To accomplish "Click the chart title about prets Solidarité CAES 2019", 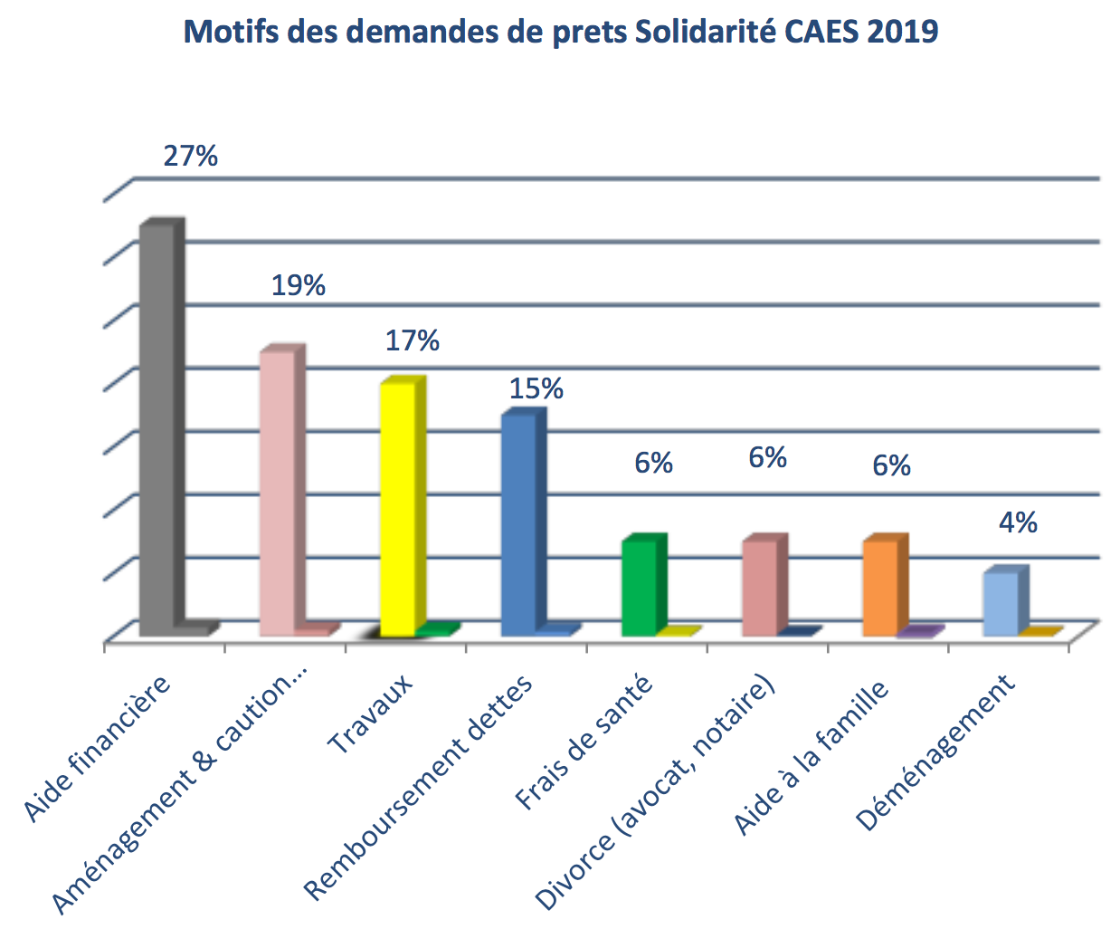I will [x=560, y=32].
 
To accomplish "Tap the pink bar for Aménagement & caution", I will [x=277, y=493].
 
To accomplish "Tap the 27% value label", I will [x=190, y=156].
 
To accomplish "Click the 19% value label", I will [x=299, y=285].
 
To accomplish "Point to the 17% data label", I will [x=413, y=340].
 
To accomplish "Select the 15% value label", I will [x=536, y=388].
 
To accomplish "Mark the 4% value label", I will [x=1018, y=522].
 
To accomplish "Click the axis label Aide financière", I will [x=98, y=748].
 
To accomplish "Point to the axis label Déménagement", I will [x=935, y=752].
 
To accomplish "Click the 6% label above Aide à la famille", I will [x=891, y=465].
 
